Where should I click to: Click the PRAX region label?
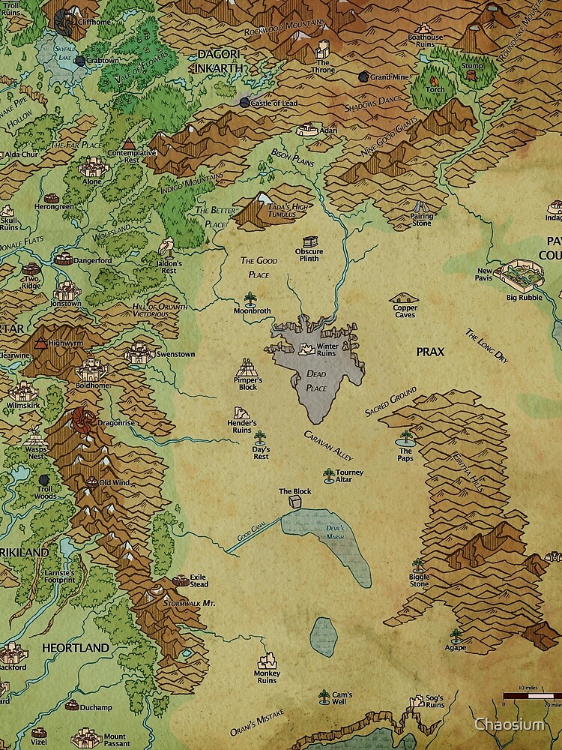click(431, 351)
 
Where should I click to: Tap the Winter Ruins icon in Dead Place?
click(306, 349)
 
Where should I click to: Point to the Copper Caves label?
click(404, 310)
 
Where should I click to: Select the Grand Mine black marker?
click(363, 76)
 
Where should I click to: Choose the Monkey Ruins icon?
click(268, 661)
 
